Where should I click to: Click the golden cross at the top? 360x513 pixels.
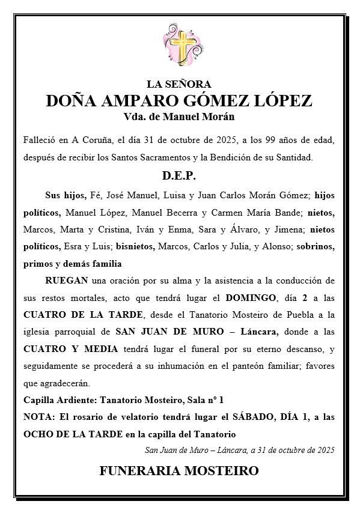pos(179,47)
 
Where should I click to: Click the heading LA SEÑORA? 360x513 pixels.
pos(179,84)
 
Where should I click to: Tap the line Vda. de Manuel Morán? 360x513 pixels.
pos(179,117)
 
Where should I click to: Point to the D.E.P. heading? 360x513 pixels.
pos(179,177)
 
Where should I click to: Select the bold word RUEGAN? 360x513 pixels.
pos(66,281)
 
